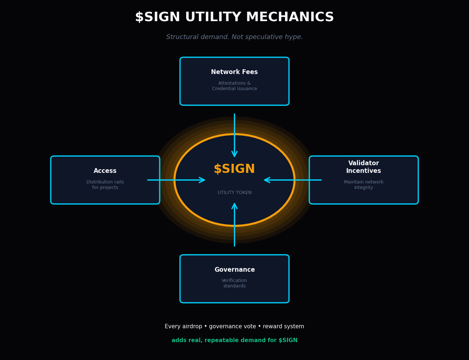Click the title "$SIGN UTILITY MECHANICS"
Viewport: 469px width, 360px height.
(234, 17)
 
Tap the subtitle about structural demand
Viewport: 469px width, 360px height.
(234, 37)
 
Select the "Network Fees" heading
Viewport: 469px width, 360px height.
(234, 72)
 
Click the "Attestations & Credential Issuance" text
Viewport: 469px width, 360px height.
(234, 86)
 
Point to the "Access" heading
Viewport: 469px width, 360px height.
(105, 171)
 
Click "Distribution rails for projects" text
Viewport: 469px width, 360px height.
(105, 185)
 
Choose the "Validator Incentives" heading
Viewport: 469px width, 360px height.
(363, 167)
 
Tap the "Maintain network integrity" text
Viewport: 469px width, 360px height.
(363, 185)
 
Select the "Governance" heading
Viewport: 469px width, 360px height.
(234, 270)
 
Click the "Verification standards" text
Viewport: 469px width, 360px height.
(234, 283)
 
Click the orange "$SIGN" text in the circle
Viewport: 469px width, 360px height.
(234, 169)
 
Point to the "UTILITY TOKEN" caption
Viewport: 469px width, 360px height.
(234, 193)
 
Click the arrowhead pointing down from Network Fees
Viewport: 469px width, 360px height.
(234, 154)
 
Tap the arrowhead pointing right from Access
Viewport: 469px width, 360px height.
(202, 180)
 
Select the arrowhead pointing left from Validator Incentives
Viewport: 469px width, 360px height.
(267, 180)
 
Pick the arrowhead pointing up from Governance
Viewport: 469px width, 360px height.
(234, 206)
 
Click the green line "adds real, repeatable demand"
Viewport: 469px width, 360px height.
(234, 340)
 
